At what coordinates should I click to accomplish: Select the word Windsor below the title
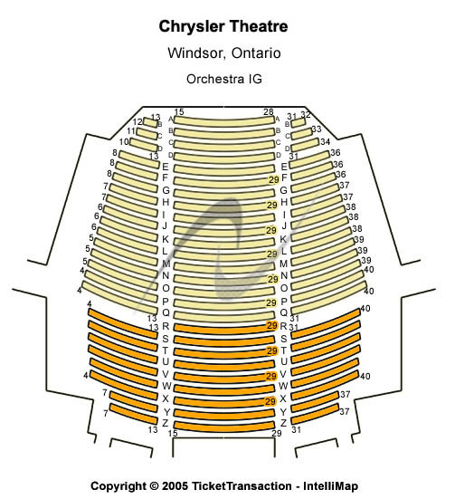coord(197,53)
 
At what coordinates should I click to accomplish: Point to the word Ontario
coord(256,53)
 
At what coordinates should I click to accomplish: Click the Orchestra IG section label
coord(224,79)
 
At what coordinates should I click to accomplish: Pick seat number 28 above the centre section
coord(269,111)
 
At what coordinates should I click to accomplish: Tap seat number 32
coord(306,115)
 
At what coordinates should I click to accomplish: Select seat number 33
coord(317,129)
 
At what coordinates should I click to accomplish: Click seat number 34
coord(325,141)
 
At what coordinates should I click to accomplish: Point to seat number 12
coord(138,122)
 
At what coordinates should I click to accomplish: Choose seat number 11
coord(131,131)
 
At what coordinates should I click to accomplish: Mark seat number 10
coord(124,141)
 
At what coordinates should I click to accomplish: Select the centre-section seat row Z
coord(224,427)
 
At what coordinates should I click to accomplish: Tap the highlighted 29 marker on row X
coord(270,401)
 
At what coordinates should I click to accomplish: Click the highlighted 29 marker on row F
coord(274,180)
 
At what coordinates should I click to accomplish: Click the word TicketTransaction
coord(242,486)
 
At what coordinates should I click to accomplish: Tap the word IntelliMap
coord(331,486)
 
